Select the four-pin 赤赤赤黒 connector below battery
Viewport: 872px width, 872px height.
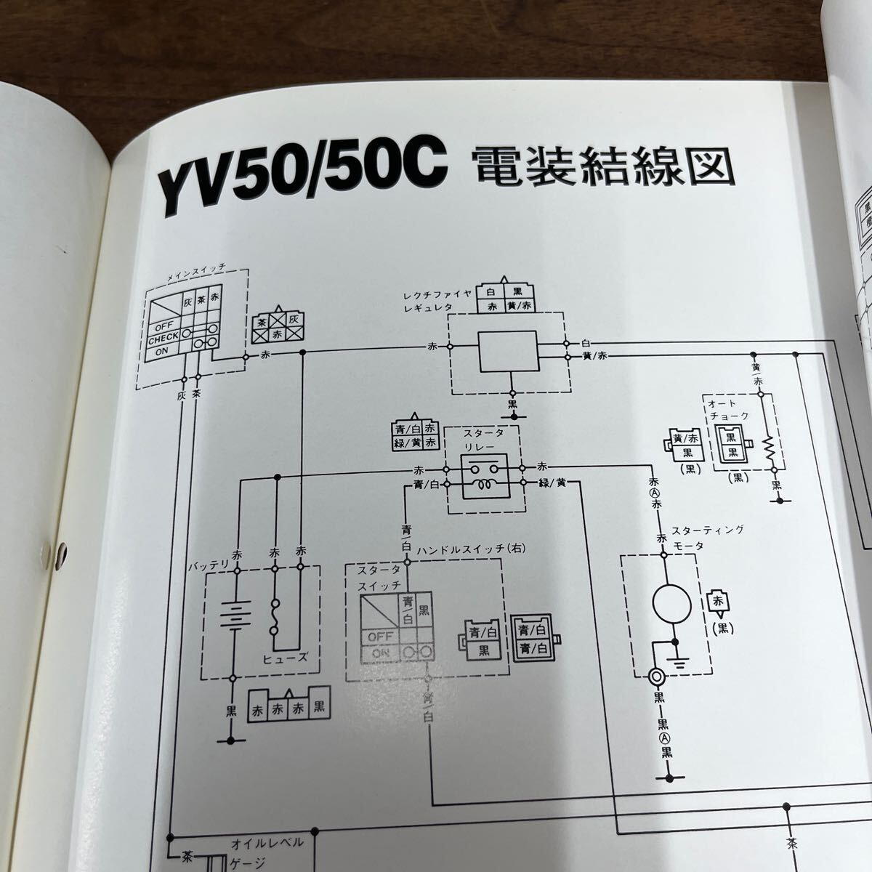coord(288,705)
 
